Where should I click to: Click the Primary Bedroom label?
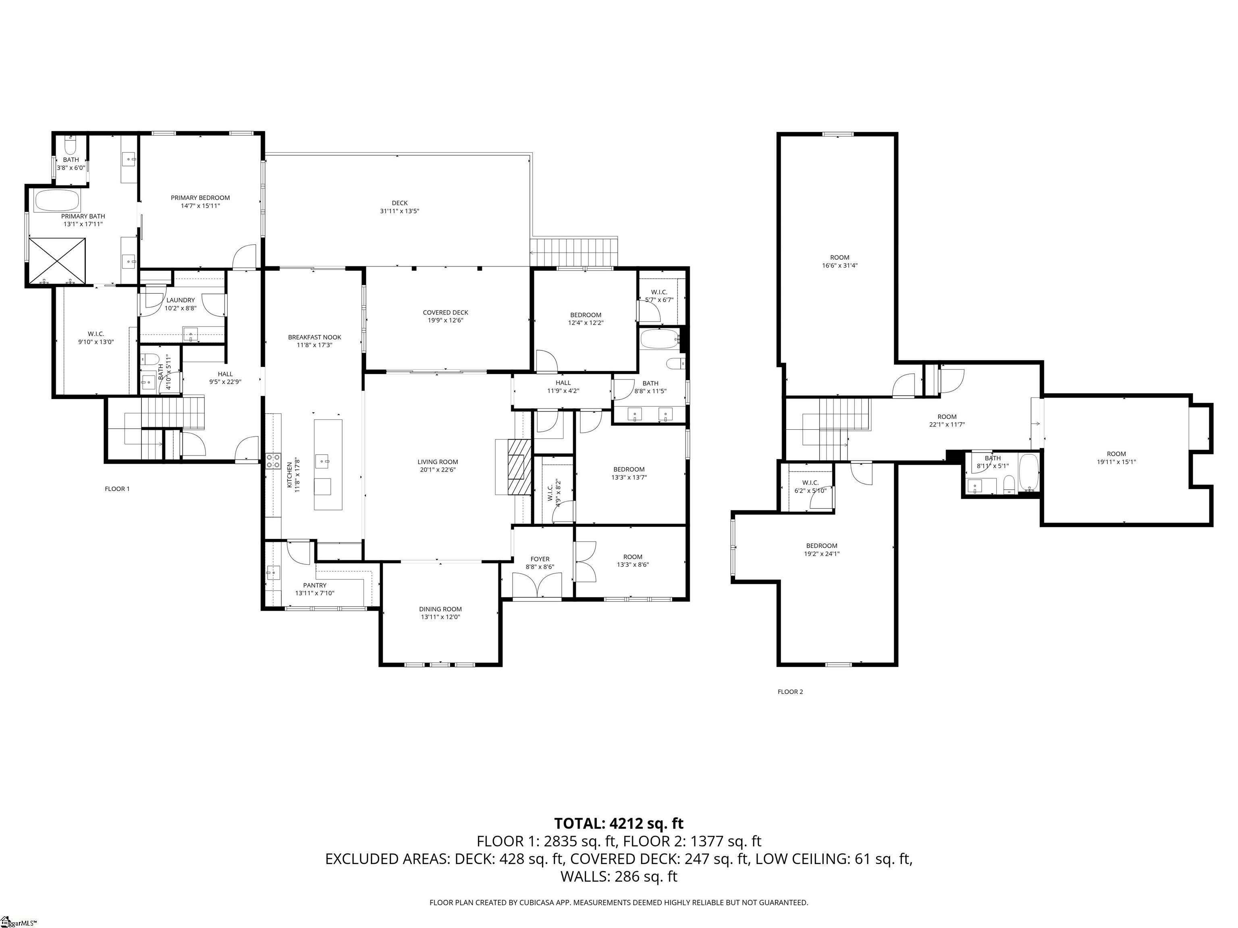[200, 197]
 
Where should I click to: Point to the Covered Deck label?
[445, 313]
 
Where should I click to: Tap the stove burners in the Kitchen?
[273, 460]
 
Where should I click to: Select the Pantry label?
[314, 585]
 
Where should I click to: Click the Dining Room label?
[440, 609]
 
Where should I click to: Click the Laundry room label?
[180, 300]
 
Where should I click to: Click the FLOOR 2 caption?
[790, 692]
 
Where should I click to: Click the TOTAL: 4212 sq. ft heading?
[619, 823]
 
